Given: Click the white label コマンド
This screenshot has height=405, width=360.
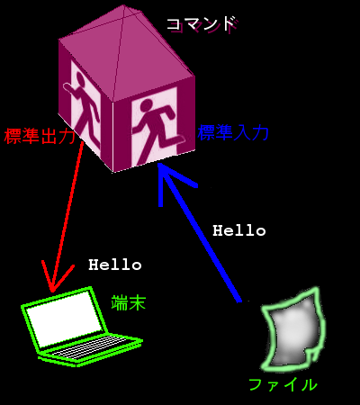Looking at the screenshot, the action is [201, 24].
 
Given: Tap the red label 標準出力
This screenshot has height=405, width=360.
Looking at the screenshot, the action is [40, 136].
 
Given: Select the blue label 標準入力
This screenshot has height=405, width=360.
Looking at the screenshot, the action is [233, 132].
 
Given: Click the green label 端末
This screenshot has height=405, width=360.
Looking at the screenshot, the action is [129, 302].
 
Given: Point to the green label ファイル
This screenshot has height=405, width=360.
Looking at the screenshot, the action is [283, 384].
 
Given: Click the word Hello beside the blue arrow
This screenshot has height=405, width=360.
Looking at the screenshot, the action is [239, 230].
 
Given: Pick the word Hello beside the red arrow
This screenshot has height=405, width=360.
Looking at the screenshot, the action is [115, 265].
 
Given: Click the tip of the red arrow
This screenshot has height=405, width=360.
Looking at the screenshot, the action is [52, 292].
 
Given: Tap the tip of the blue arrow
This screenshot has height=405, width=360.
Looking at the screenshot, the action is [159, 164].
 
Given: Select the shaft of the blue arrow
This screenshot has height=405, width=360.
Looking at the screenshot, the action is [200, 232].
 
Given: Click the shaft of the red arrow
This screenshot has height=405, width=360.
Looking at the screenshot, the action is [67, 217].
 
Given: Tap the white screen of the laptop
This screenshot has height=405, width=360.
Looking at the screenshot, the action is [64, 319].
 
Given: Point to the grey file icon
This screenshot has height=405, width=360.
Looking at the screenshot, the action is [293, 329].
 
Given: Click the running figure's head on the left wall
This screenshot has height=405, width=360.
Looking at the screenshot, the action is [80, 79].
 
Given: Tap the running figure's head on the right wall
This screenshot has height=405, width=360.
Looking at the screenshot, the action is [147, 106].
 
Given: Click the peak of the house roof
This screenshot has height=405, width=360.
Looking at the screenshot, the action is [124, 6].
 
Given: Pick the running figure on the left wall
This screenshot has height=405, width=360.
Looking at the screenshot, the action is [83, 106].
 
